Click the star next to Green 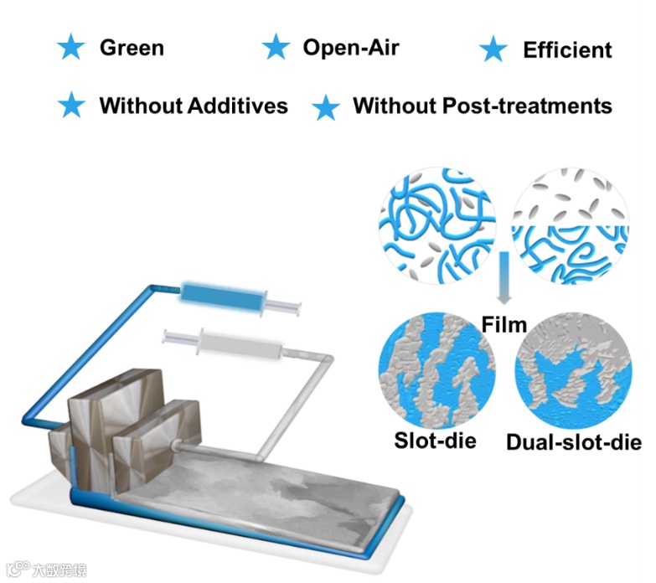pyautogui.click(x=71, y=49)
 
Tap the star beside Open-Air pyautogui.click(x=276, y=49)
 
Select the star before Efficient pyautogui.click(x=494, y=50)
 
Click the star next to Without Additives pyautogui.click(x=71, y=106)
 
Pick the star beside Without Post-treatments pyautogui.click(x=325, y=107)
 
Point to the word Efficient pyautogui.click(x=567, y=50)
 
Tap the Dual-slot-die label pyautogui.click(x=573, y=441)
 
